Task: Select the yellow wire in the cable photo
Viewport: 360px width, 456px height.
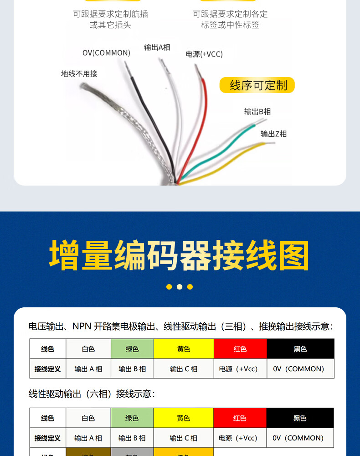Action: [237, 157]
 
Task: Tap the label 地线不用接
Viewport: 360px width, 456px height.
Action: [79, 73]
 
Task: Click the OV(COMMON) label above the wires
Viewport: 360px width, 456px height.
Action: [106, 53]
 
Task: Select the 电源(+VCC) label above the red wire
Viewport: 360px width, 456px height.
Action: [204, 54]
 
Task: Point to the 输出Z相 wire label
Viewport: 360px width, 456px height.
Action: [273, 134]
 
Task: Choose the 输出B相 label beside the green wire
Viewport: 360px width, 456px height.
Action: [257, 111]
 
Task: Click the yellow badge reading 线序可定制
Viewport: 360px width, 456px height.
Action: [257, 85]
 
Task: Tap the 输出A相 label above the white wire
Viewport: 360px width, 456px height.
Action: [157, 47]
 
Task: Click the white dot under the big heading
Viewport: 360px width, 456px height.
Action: [180, 287]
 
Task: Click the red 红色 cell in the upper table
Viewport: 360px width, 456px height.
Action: [240, 349]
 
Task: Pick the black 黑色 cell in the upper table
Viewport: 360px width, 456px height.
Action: [300, 349]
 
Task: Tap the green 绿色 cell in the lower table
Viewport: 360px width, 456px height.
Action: [132, 418]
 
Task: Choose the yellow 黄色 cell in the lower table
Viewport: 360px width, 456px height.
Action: [184, 418]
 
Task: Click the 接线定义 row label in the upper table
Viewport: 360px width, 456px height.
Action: [47, 369]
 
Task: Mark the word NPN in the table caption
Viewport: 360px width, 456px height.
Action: [82, 326]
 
